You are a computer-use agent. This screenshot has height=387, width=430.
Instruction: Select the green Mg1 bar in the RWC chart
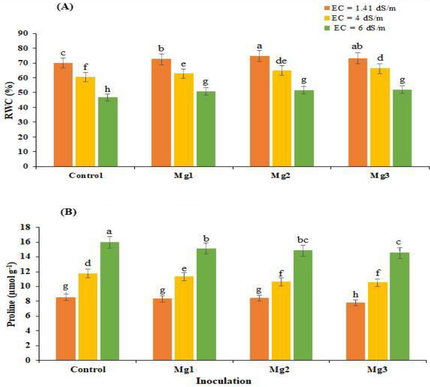pyautogui.click(x=206, y=129)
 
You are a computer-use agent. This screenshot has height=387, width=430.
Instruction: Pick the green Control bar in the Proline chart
pyautogui.click(x=110, y=301)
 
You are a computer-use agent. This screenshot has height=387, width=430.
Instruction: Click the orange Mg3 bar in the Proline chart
pyautogui.click(x=356, y=331)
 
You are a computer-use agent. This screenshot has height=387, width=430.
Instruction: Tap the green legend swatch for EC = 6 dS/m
pyautogui.click(x=327, y=28)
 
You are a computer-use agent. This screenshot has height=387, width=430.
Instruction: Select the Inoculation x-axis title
pyautogui.click(x=224, y=381)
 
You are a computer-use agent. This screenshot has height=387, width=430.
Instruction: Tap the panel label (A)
pyautogui.click(x=65, y=7)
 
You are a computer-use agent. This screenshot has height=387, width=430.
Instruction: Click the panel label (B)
pyautogui.click(x=68, y=212)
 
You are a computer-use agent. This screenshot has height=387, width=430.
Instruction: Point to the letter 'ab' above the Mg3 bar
pyautogui.click(x=357, y=46)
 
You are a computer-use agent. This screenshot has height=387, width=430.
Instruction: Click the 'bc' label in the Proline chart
pyautogui.click(x=302, y=240)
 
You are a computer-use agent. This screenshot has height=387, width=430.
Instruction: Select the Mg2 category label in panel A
pyautogui.click(x=280, y=176)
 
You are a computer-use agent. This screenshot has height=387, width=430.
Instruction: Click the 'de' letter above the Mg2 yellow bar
pyautogui.click(x=281, y=61)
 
